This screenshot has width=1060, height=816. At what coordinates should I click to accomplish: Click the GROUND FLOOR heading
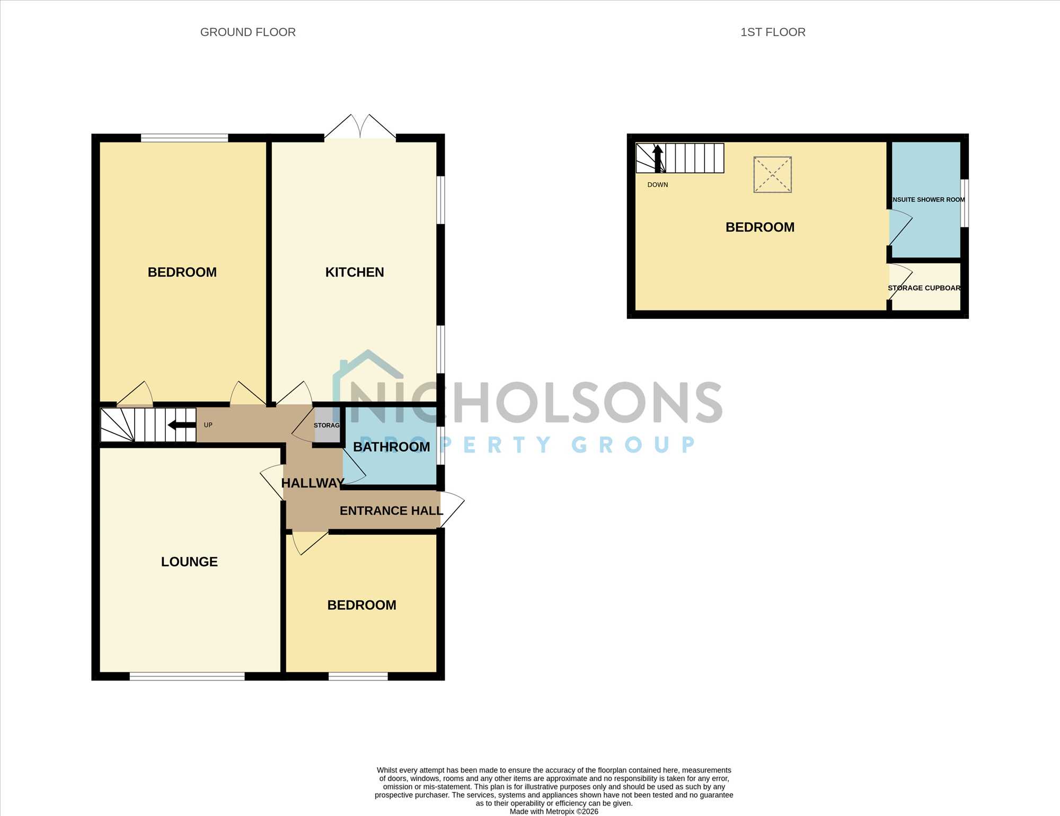coord(248,32)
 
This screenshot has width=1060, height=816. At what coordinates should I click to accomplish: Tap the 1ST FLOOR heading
coord(773,32)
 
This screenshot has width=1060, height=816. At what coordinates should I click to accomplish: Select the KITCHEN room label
coord(355,272)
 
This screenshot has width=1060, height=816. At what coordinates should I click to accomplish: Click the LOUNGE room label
coord(189,562)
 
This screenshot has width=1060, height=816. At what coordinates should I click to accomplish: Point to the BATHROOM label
coord(392,447)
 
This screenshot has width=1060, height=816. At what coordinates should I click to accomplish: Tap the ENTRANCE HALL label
coord(391,511)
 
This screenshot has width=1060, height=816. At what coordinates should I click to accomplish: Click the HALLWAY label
coord(313,483)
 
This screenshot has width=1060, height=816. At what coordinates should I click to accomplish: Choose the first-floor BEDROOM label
coord(760,227)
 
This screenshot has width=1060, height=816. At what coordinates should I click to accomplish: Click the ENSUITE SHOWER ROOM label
coord(928,200)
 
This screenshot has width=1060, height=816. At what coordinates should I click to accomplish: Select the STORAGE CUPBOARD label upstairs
coord(924,288)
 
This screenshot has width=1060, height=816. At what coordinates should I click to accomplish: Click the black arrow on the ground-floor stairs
coord(182,425)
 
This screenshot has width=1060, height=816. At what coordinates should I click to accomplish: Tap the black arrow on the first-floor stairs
coord(658,158)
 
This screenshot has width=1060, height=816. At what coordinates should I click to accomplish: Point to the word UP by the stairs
coord(208,425)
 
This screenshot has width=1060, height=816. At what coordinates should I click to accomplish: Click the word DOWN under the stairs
coord(658,185)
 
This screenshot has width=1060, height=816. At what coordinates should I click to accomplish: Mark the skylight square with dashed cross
coord(773,174)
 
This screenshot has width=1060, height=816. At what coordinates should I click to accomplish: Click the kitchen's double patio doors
coord(360,127)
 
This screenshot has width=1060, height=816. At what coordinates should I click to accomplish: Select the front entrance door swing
coord(452,509)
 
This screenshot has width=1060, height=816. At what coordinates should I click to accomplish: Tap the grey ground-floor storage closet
coord(327,425)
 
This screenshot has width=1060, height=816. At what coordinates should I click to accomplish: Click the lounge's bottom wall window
coord(187,676)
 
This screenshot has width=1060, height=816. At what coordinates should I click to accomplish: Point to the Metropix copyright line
coord(554,811)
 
